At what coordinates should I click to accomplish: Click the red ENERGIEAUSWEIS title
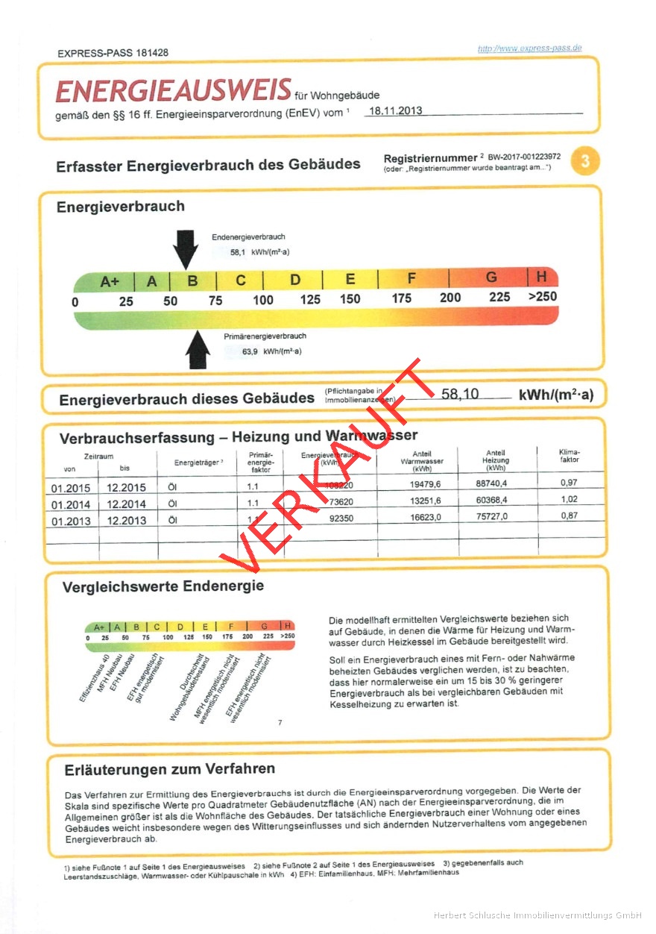click(x=173, y=91)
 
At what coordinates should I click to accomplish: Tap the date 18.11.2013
click(x=394, y=111)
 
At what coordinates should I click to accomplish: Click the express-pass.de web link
click(x=529, y=48)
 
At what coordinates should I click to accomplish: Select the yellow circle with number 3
click(x=585, y=162)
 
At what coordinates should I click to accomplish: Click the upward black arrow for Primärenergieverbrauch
click(x=198, y=349)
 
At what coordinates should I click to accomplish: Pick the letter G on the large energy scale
click(x=491, y=278)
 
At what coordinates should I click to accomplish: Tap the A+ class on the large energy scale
click(x=110, y=281)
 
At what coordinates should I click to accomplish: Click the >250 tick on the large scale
click(x=542, y=297)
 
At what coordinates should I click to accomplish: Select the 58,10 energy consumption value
click(x=460, y=394)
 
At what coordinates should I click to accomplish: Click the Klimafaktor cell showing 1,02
click(x=568, y=500)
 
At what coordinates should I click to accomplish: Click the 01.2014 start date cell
click(x=71, y=504)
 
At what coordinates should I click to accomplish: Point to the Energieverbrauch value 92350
click(x=341, y=517)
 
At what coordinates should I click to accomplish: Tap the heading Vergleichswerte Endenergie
click(x=163, y=586)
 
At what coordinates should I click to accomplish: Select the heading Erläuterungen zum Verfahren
click(x=170, y=768)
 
